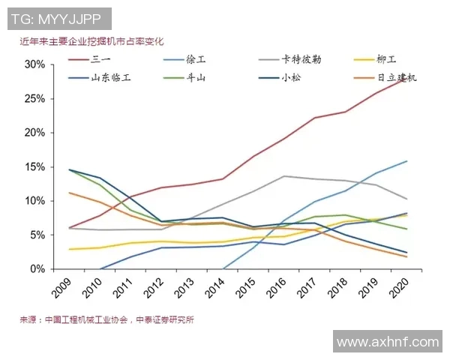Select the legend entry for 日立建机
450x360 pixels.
(393, 77)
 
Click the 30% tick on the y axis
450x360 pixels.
(34, 64)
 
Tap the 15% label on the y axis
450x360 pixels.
(34, 166)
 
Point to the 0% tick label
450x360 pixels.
(37, 268)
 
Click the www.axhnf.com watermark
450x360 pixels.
(388, 342)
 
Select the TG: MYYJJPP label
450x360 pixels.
(56, 18)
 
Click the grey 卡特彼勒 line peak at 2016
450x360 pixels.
(283, 176)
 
